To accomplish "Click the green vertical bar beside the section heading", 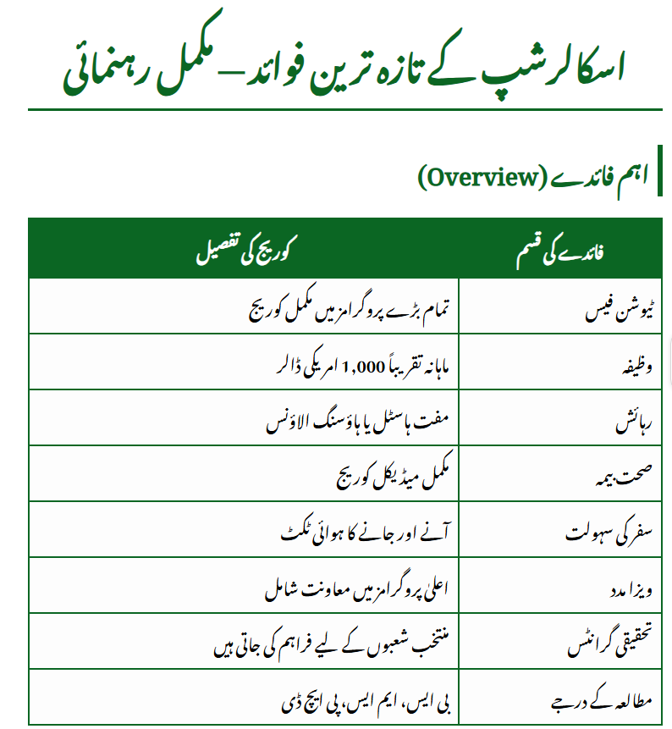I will (x=660, y=177).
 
